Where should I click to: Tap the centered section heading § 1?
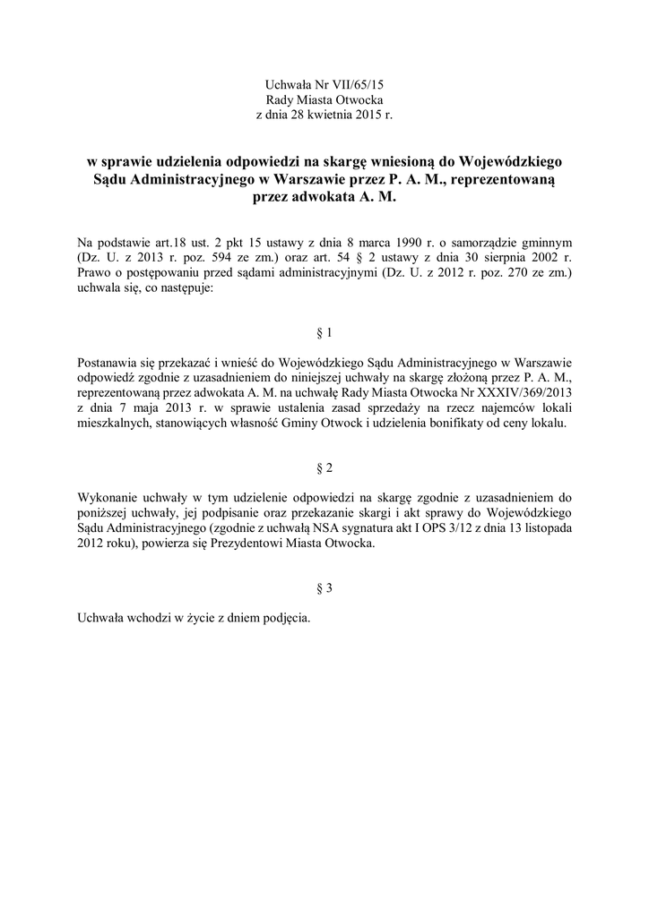pyautogui.click(x=324, y=332)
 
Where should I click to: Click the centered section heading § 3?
pyautogui.click(x=324, y=588)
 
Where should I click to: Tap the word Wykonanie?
pyautogui.click(x=107, y=497)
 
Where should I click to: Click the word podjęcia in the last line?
pyautogui.click(x=285, y=619)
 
